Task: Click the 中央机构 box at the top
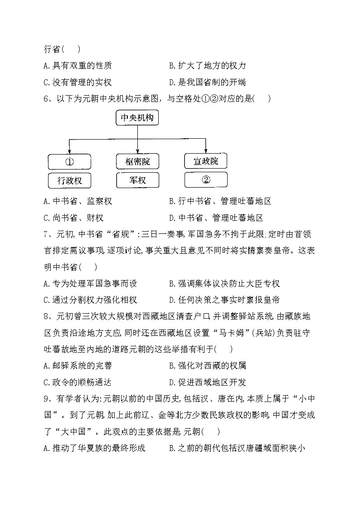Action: point(137,119)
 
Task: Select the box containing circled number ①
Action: point(69,162)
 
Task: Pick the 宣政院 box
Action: point(206,161)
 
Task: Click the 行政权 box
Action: point(69,180)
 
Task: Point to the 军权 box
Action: point(137,180)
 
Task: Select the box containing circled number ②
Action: point(206,180)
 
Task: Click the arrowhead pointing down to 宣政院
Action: point(206,150)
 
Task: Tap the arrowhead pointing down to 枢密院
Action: point(137,151)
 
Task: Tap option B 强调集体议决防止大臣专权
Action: point(224,283)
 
